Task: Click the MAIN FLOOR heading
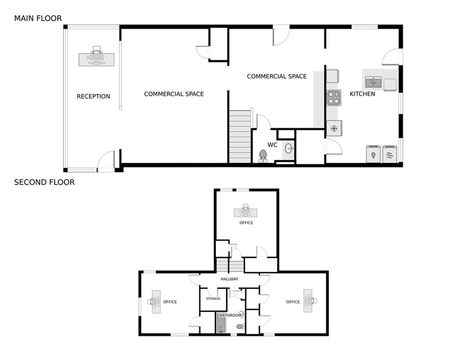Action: pyautogui.click(x=37, y=18)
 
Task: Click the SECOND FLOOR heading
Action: pyautogui.click(x=44, y=182)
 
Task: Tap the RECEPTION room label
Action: pyautogui.click(x=93, y=96)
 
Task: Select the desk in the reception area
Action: pyautogui.click(x=96, y=59)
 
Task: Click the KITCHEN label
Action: pyautogui.click(x=362, y=94)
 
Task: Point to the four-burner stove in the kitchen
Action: pyautogui.click(x=333, y=97)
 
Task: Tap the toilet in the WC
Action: pyautogui.click(x=263, y=155)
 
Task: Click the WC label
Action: pyautogui.click(x=273, y=145)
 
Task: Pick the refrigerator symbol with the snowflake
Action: pyautogui.click(x=334, y=128)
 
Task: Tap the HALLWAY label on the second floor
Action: pyautogui.click(x=229, y=279)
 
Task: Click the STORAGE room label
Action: pyautogui.click(x=214, y=299)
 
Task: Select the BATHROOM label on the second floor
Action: pyautogui.click(x=229, y=315)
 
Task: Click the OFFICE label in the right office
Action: pyautogui.click(x=293, y=302)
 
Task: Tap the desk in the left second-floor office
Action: pyautogui.click(x=156, y=301)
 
